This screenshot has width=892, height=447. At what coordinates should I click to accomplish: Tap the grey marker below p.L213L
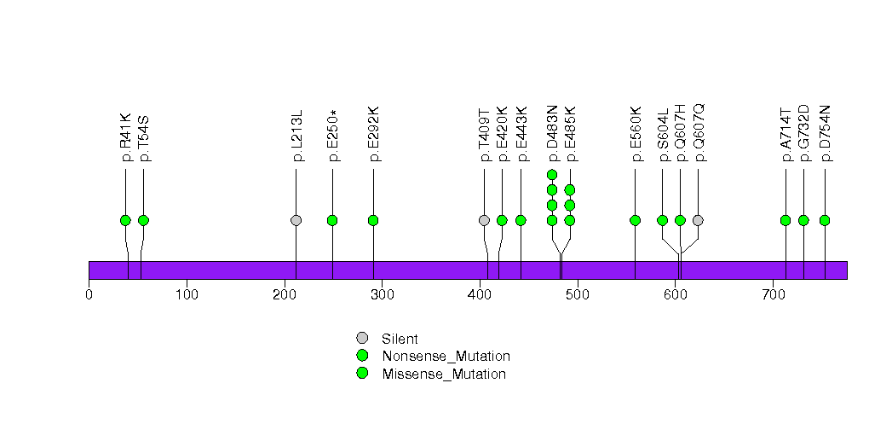[296, 220]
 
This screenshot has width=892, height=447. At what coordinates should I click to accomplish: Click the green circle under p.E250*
[332, 220]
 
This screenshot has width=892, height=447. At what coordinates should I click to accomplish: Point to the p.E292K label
[373, 134]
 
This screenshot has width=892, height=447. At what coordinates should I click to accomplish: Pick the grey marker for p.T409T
[484, 220]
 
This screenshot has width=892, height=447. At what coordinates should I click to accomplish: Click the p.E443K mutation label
[521, 134]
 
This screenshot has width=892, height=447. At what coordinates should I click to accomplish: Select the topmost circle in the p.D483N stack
[552, 175]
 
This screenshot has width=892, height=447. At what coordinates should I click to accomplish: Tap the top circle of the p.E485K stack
[570, 189]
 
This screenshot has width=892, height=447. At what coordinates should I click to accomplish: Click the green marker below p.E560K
[635, 220]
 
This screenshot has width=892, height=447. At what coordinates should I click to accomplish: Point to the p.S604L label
[663, 135]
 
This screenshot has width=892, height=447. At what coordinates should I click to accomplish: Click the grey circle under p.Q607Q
[698, 220]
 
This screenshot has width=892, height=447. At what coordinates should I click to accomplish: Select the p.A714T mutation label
[786, 135]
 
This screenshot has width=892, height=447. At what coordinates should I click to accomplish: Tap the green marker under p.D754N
[825, 220]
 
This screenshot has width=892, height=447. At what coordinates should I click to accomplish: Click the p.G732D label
[803, 134]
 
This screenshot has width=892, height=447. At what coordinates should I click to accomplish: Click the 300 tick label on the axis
[382, 295]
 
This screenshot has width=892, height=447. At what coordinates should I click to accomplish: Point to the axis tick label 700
[773, 295]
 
